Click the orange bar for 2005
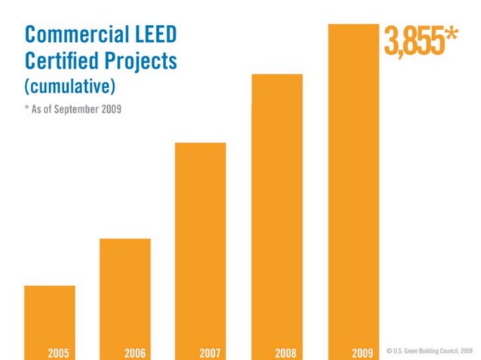tap(50, 316)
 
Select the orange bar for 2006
tap(125, 294)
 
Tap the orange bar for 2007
tap(201, 245)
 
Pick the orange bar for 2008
tap(277, 211)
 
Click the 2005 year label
tap(59, 352)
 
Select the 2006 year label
tap(135, 352)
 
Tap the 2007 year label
tap(210, 352)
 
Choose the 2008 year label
tap(286, 352)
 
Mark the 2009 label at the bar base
tap(363, 352)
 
